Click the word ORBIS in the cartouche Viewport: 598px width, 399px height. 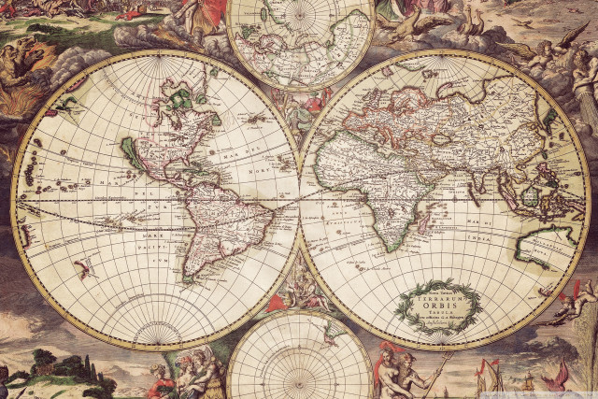(x=440, y=305)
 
